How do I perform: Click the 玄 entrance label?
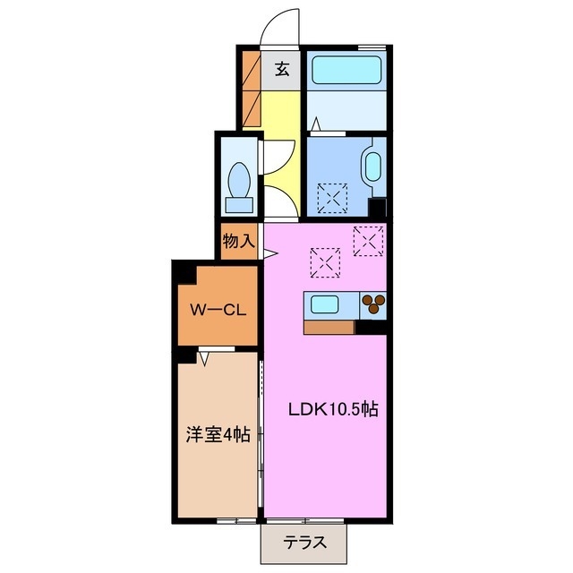pos(281,69)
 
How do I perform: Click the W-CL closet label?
pos(218,311)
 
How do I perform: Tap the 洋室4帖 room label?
pos(218,435)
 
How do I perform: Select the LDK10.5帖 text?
pos(332,410)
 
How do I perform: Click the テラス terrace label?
pos(304,542)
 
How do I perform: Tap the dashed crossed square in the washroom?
pos(334,196)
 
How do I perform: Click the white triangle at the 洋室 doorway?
pos(205,358)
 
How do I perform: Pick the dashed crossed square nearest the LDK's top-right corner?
pos(368,239)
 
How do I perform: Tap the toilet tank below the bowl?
pos(239,204)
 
